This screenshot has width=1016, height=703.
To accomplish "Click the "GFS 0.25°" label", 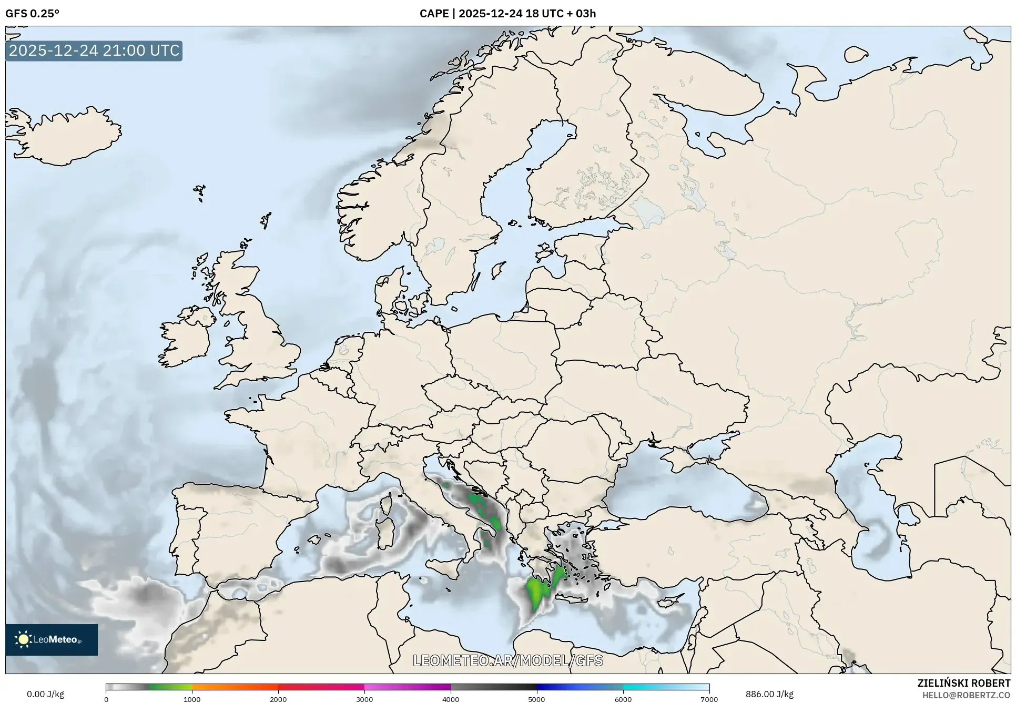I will tap(32, 14).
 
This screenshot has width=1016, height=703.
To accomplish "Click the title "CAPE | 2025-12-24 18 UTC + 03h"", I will tap(507, 14).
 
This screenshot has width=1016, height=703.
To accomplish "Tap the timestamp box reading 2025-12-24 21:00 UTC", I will tap(94, 51).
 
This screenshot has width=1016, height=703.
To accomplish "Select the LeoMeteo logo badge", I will tap(52, 639).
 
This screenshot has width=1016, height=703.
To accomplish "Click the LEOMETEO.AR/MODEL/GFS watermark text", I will tap(507, 660).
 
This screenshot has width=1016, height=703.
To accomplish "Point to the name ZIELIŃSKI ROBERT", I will tap(963, 683).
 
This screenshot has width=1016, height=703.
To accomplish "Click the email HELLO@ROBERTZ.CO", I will tap(966, 695).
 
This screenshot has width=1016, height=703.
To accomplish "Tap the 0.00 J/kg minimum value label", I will tap(45, 694).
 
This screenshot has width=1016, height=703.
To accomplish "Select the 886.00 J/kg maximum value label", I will tap(769, 694).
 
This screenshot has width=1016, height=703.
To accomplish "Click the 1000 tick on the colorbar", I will tap(192, 699).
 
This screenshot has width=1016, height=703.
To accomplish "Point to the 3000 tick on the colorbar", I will tap(364, 699).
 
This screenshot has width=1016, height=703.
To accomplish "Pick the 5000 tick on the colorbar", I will tap(536, 699).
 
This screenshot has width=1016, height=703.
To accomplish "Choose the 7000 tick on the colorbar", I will tap(709, 699).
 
